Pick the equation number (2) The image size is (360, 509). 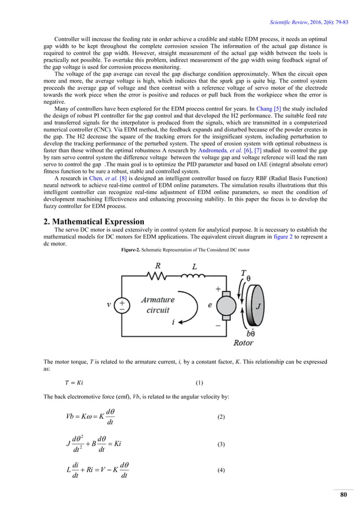tap(221, 416)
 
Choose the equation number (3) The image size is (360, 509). tap(221, 445)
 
